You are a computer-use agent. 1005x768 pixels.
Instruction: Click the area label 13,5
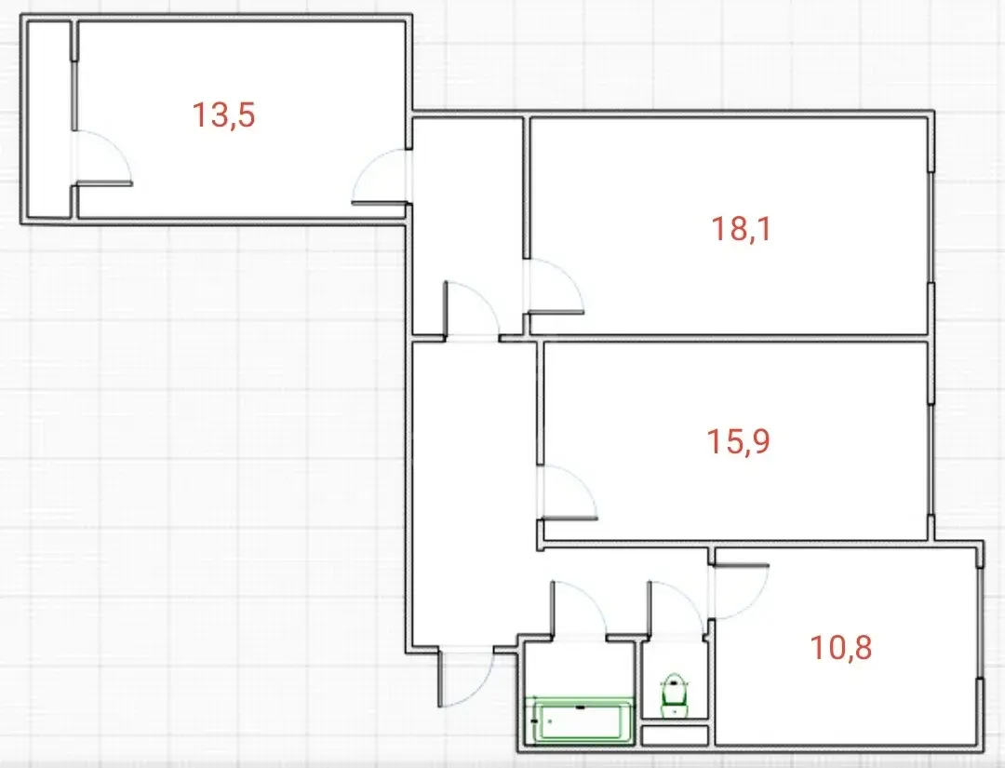(223, 115)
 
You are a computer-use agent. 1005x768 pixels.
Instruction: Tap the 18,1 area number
(742, 229)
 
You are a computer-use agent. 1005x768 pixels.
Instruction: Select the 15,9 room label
(738, 441)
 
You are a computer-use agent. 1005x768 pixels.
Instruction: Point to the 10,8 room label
(841, 647)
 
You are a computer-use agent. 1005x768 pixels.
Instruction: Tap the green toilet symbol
(673, 694)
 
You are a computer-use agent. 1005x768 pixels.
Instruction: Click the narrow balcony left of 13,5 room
(48, 120)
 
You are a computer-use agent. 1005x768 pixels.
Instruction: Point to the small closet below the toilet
(675, 734)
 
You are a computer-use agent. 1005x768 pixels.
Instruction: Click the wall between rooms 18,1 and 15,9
(730, 338)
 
